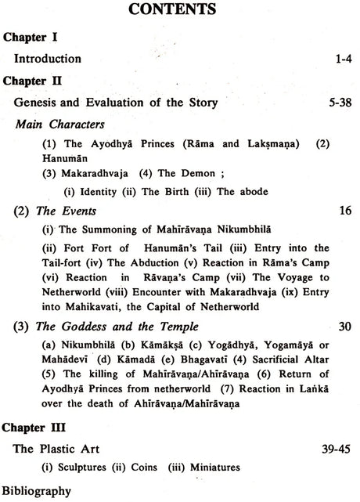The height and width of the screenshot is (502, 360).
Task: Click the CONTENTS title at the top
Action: click(x=179, y=13)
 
